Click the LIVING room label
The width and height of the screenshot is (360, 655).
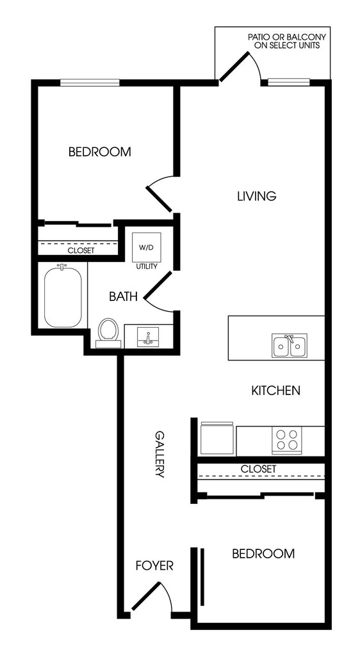(257, 196)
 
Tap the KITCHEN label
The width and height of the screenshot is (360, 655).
(275, 391)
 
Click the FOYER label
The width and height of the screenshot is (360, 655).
(155, 565)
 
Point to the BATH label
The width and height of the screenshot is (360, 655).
(124, 296)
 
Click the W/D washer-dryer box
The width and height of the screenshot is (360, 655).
(146, 247)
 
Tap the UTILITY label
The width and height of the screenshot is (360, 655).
(146, 266)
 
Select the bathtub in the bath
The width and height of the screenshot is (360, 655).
(63, 296)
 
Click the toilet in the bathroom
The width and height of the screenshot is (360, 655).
(108, 333)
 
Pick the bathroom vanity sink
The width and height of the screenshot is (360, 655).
(148, 337)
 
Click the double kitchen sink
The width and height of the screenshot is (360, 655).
(290, 346)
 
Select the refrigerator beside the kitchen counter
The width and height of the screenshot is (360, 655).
(217, 438)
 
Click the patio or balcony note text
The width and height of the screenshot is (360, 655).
(287, 42)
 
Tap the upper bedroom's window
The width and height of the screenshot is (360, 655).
(90, 83)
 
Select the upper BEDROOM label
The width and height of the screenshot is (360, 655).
(99, 152)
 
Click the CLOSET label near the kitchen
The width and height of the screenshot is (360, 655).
(258, 469)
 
